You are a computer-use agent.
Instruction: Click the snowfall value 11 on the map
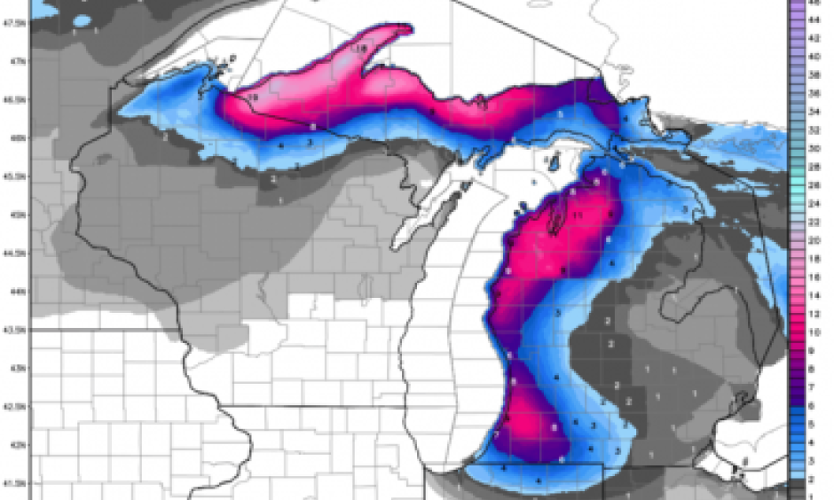pyautogui.click(x=577, y=215)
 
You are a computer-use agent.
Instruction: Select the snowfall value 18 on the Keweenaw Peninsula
pyautogui.click(x=362, y=48)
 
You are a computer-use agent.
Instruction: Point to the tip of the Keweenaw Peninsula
pyautogui.click(x=409, y=27)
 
